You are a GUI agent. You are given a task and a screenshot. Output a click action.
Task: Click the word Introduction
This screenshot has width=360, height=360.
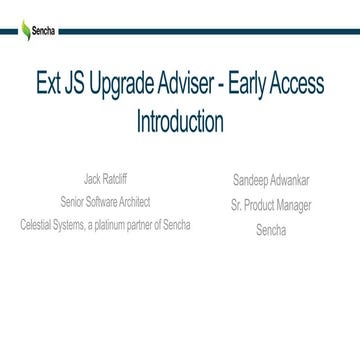(179, 124)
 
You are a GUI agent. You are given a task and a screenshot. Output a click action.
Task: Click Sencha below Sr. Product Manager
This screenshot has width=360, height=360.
(270, 229)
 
